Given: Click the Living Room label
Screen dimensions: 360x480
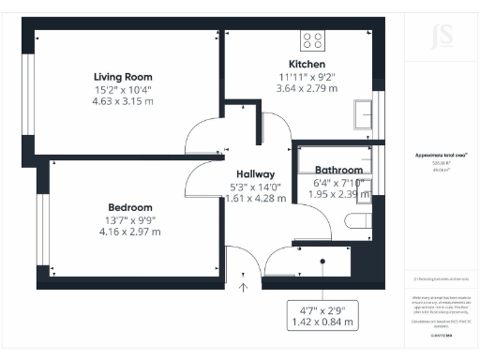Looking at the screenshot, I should [x=123, y=77].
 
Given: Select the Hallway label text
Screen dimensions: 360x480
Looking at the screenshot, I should [x=255, y=174].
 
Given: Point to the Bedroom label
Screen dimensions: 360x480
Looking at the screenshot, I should [x=129, y=207].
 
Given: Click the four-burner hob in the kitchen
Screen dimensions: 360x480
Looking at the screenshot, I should [x=312, y=40].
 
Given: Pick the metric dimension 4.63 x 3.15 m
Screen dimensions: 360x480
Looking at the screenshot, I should [x=123, y=101].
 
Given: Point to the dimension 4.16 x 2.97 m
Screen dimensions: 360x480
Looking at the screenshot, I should [x=129, y=232].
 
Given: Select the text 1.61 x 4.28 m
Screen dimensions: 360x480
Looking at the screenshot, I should [x=255, y=199].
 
